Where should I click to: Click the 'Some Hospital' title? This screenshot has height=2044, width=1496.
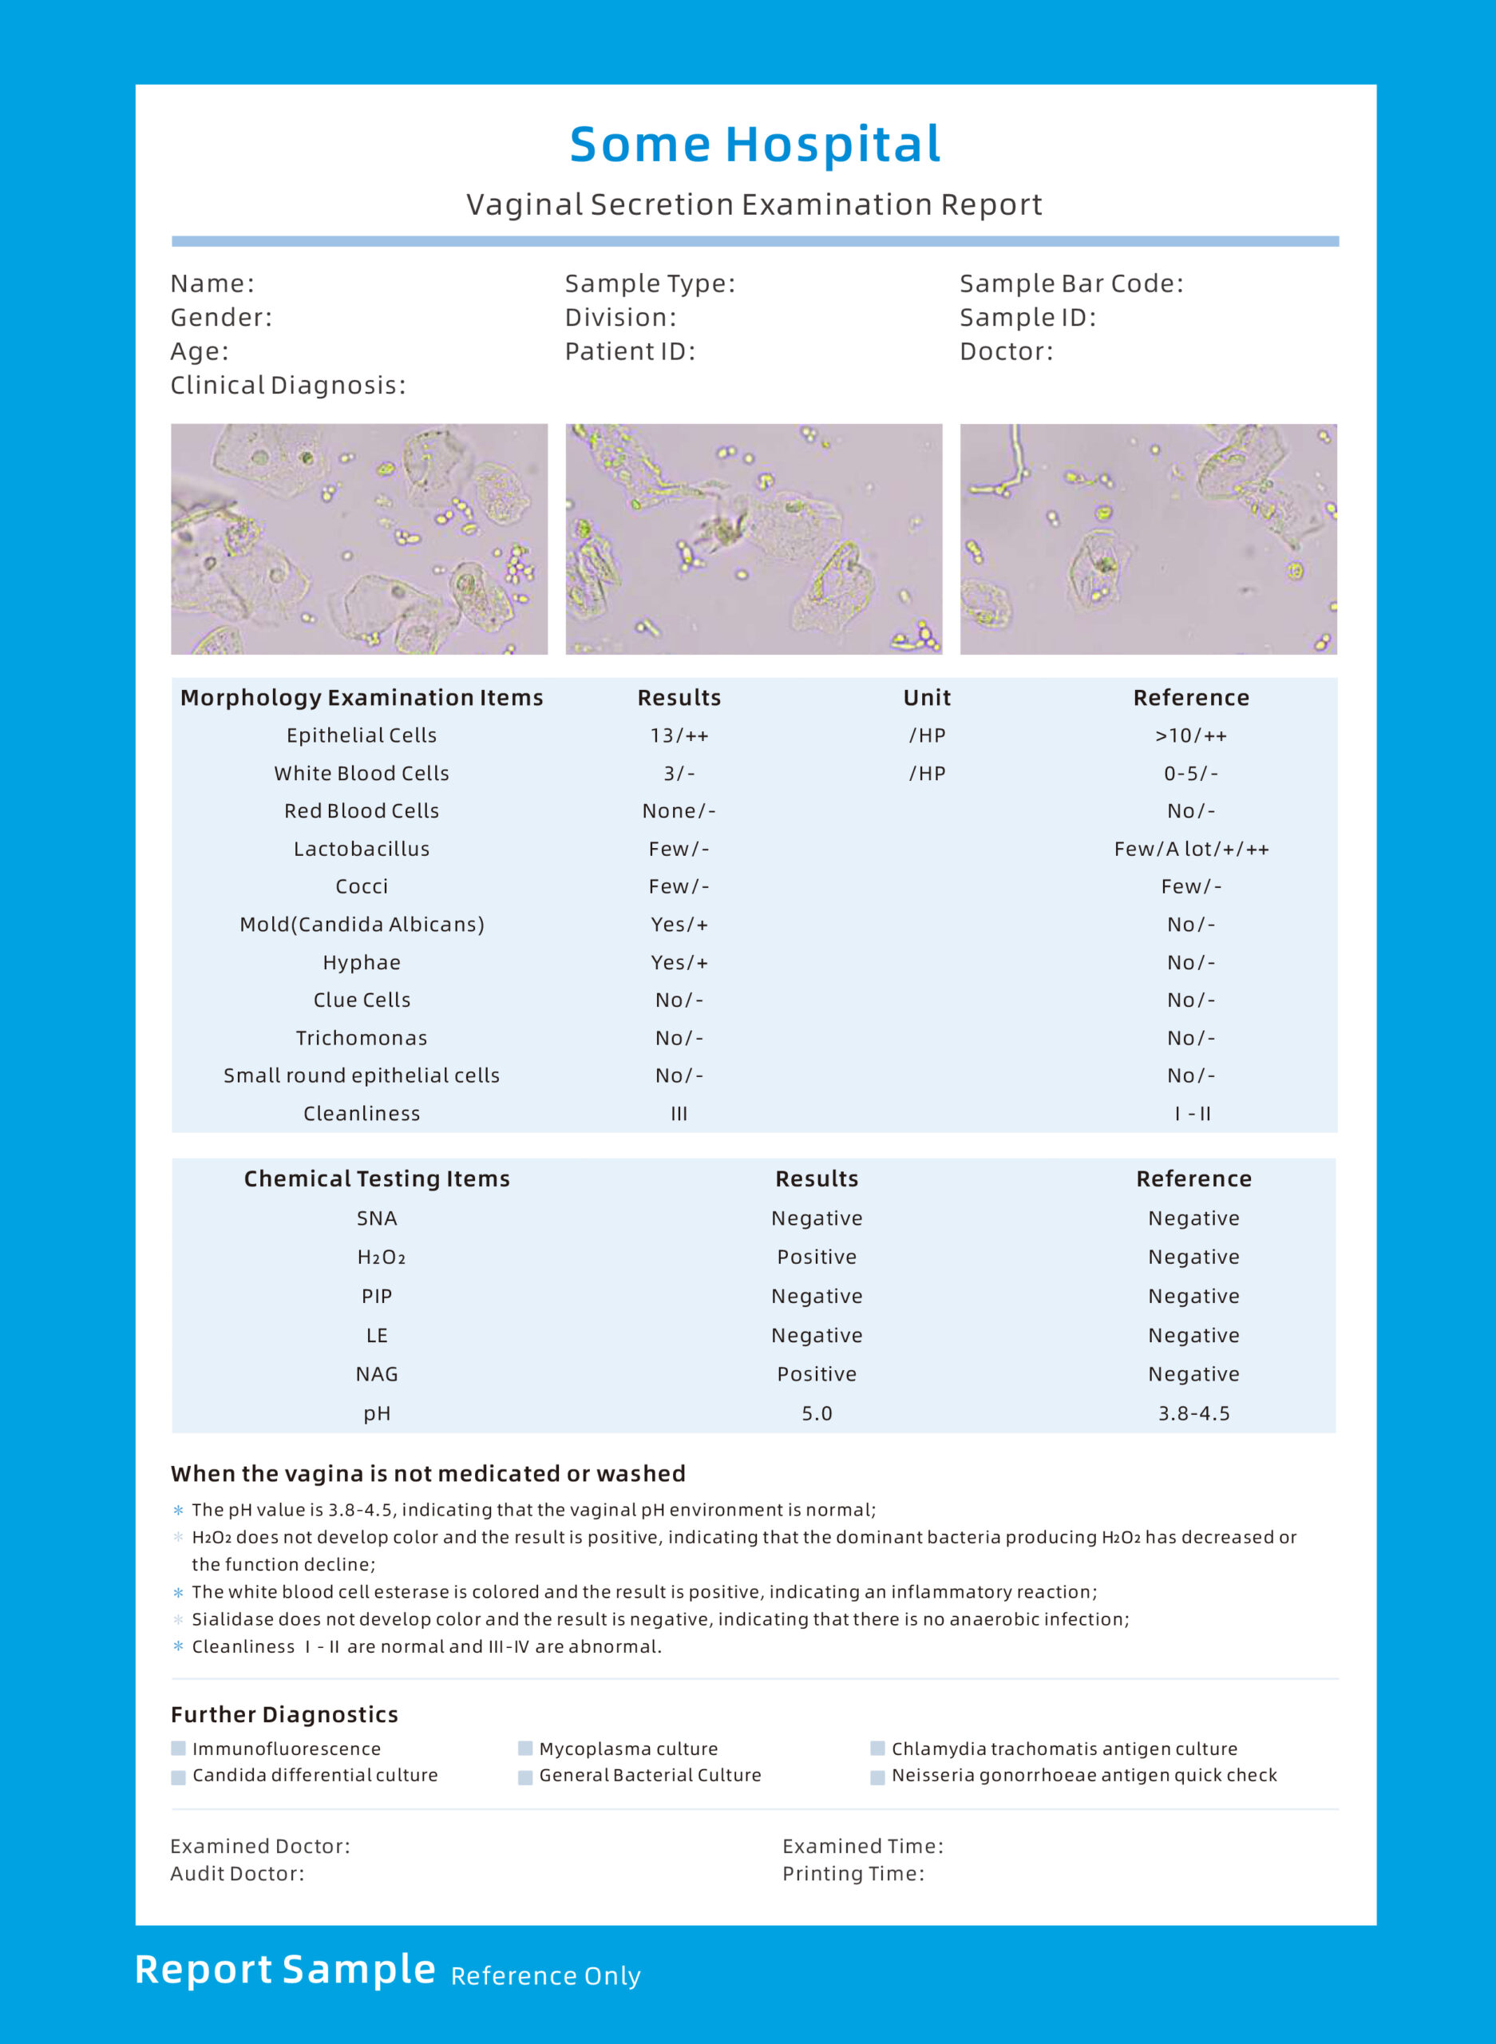(755, 145)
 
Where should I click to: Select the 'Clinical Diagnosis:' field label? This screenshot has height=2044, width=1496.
(288, 386)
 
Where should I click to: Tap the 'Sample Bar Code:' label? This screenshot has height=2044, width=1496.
(1071, 283)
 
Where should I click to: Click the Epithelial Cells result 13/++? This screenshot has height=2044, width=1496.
(679, 735)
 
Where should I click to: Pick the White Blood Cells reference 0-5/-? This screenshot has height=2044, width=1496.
(1191, 774)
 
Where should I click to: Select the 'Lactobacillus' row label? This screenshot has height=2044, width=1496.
(362, 849)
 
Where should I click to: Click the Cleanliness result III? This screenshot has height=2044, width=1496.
(679, 1114)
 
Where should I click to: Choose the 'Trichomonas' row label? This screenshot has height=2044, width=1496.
(362, 1038)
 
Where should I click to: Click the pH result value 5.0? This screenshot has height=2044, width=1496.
(816, 1414)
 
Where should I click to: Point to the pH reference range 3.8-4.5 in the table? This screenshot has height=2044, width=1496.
(1193, 1414)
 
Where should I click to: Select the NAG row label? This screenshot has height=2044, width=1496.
(377, 1374)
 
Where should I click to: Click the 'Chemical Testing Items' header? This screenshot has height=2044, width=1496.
(377, 1178)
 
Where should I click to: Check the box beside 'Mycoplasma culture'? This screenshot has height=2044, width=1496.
(525, 1748)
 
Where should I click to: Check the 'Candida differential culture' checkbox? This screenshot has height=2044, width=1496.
(178, 1777)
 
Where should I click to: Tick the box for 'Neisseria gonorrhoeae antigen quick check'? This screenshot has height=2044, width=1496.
(877, 1777)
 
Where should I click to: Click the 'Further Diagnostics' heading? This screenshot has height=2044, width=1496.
(284, 1714)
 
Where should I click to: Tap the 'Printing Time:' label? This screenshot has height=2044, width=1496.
(853, 1874)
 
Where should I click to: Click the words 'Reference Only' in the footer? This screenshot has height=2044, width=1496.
(545, 1976)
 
